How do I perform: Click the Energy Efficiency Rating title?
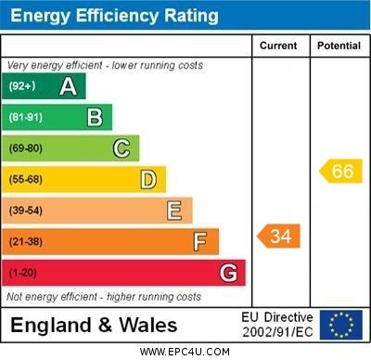tap(114, 16)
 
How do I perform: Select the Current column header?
tap(278, 45)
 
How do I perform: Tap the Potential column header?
tap(339, 45)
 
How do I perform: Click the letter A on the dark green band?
tap(68, 86)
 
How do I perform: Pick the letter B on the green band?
tap(95, 117)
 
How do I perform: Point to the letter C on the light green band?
tap(122, 148)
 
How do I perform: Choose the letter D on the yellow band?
tap(148, 179)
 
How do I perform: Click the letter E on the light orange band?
tap(174, 211)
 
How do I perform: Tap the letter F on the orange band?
tap(199, 242)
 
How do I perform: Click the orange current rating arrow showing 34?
tap(279, 236)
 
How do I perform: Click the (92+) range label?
tap(22, 86)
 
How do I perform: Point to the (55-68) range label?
tap(26, 179)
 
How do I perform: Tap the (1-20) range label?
tap(23, 273)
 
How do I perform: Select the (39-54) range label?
tap(26, 211)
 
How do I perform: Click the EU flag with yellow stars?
tap(340, 325)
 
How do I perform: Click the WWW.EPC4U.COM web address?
tap(185, 352)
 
